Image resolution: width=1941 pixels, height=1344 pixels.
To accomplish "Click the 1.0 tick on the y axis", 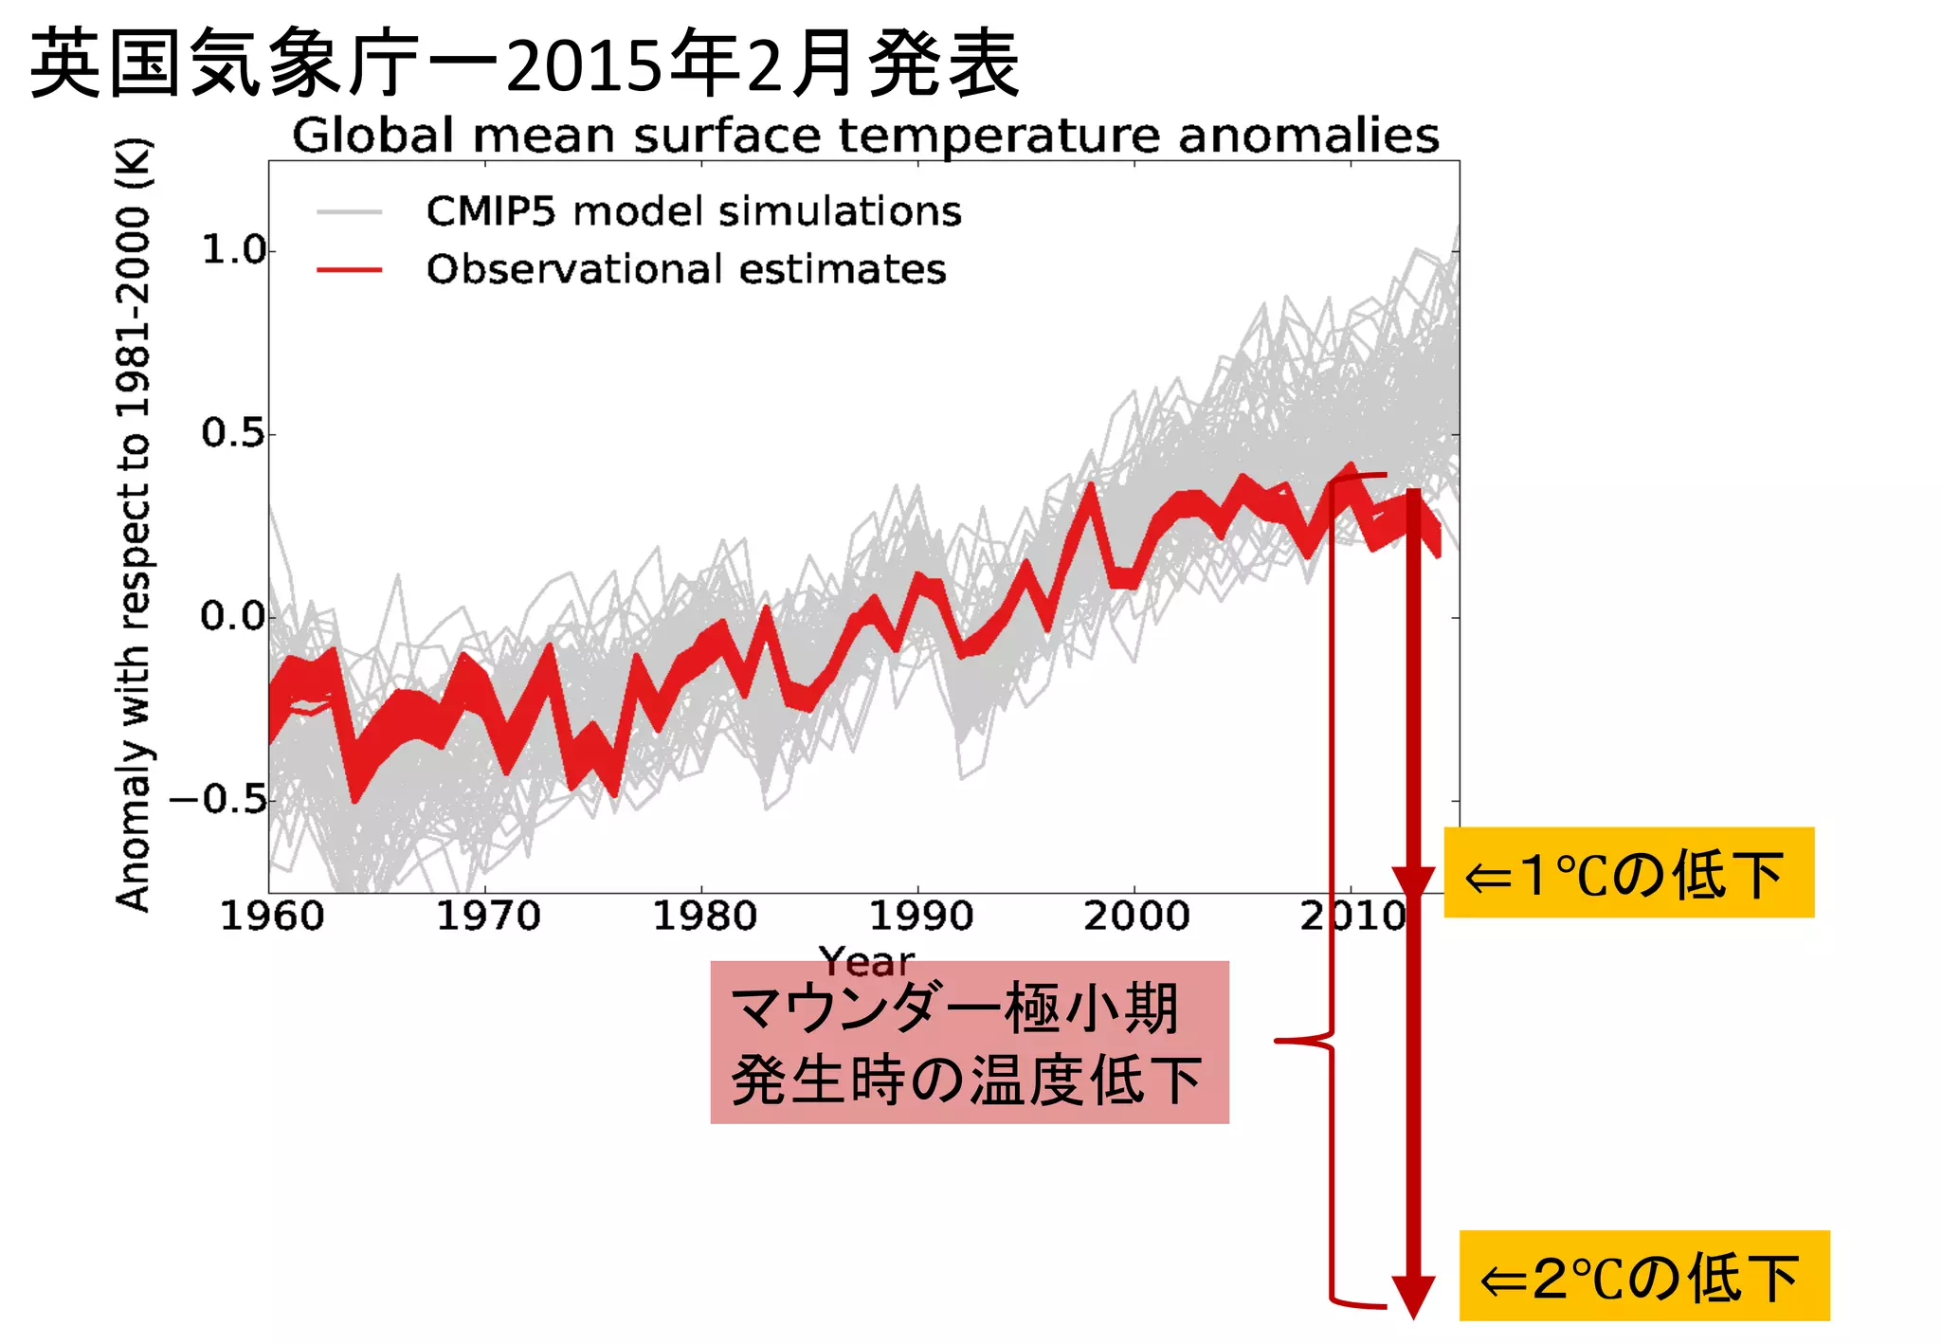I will pos(234,250).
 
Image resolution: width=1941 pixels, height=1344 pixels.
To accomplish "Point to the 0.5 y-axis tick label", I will pos(234,433).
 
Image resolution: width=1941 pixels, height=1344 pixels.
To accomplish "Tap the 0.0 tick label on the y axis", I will pos(234,616).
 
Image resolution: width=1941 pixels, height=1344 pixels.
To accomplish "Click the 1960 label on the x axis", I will pos(272,917).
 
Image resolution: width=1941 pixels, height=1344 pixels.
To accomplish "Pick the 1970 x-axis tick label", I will pos(488,917).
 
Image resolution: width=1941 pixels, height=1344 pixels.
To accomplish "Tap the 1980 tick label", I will pos(704,917).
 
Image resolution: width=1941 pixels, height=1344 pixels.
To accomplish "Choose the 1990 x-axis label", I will pos(920,917).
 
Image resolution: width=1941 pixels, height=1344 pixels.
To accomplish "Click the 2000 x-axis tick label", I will pos(1136,917).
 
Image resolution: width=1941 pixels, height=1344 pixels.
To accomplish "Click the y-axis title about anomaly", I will pos(133,526).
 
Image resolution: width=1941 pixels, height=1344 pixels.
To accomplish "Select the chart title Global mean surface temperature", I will pos(864,136).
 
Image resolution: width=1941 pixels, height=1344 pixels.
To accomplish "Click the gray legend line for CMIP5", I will pos(349,212).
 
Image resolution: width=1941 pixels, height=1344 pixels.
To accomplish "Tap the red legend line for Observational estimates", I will pos(349,270).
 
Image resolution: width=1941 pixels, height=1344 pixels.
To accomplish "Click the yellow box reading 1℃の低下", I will pos(1628,873).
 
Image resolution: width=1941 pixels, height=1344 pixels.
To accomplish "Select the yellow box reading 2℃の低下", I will pos(1643,1276).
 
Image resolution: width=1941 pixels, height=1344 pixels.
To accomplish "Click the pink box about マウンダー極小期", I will pos(969,1043).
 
